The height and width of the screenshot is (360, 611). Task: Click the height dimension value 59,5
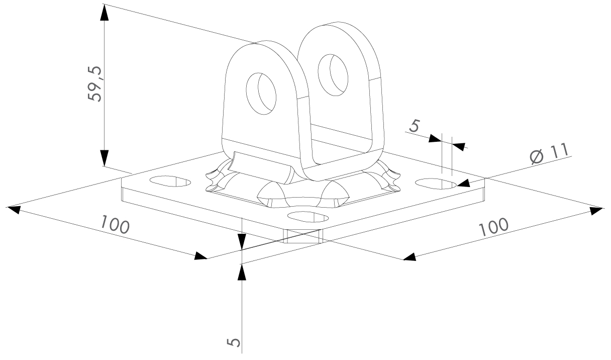[x=94, y=84]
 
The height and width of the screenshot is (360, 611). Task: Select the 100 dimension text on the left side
[x=115, y=224]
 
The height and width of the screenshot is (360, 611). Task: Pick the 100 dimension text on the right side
[x=494, y=227]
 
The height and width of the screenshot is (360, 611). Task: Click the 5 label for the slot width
[x=414, y=126]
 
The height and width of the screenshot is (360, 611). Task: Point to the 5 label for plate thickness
[x=234, y=342]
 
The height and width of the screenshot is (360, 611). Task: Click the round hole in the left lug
[x=261, y=94]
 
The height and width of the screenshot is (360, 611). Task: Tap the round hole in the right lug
[x=333, y=75]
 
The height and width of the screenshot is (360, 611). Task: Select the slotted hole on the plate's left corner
[x=170, y=181]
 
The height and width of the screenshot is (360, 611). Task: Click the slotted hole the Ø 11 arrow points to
[x=436, y=184]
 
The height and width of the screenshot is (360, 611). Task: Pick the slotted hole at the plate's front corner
[x=308, y=217]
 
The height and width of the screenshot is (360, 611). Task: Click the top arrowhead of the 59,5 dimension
[x=104, y=13]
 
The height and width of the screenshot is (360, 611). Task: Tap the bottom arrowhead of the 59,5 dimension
[x=104, y=158]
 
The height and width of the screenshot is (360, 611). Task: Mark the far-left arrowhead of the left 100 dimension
[x=14, y=210]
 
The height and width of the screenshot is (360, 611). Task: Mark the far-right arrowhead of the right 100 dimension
[x=596, y=211]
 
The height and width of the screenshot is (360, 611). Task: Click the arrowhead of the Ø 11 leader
[x=463, y=183]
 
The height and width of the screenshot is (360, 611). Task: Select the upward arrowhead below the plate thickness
[x=242, y=272]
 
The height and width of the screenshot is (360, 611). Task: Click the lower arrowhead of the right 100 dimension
[x=410, y=257]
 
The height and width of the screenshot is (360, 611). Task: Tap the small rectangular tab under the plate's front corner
[x=303, y=236]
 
